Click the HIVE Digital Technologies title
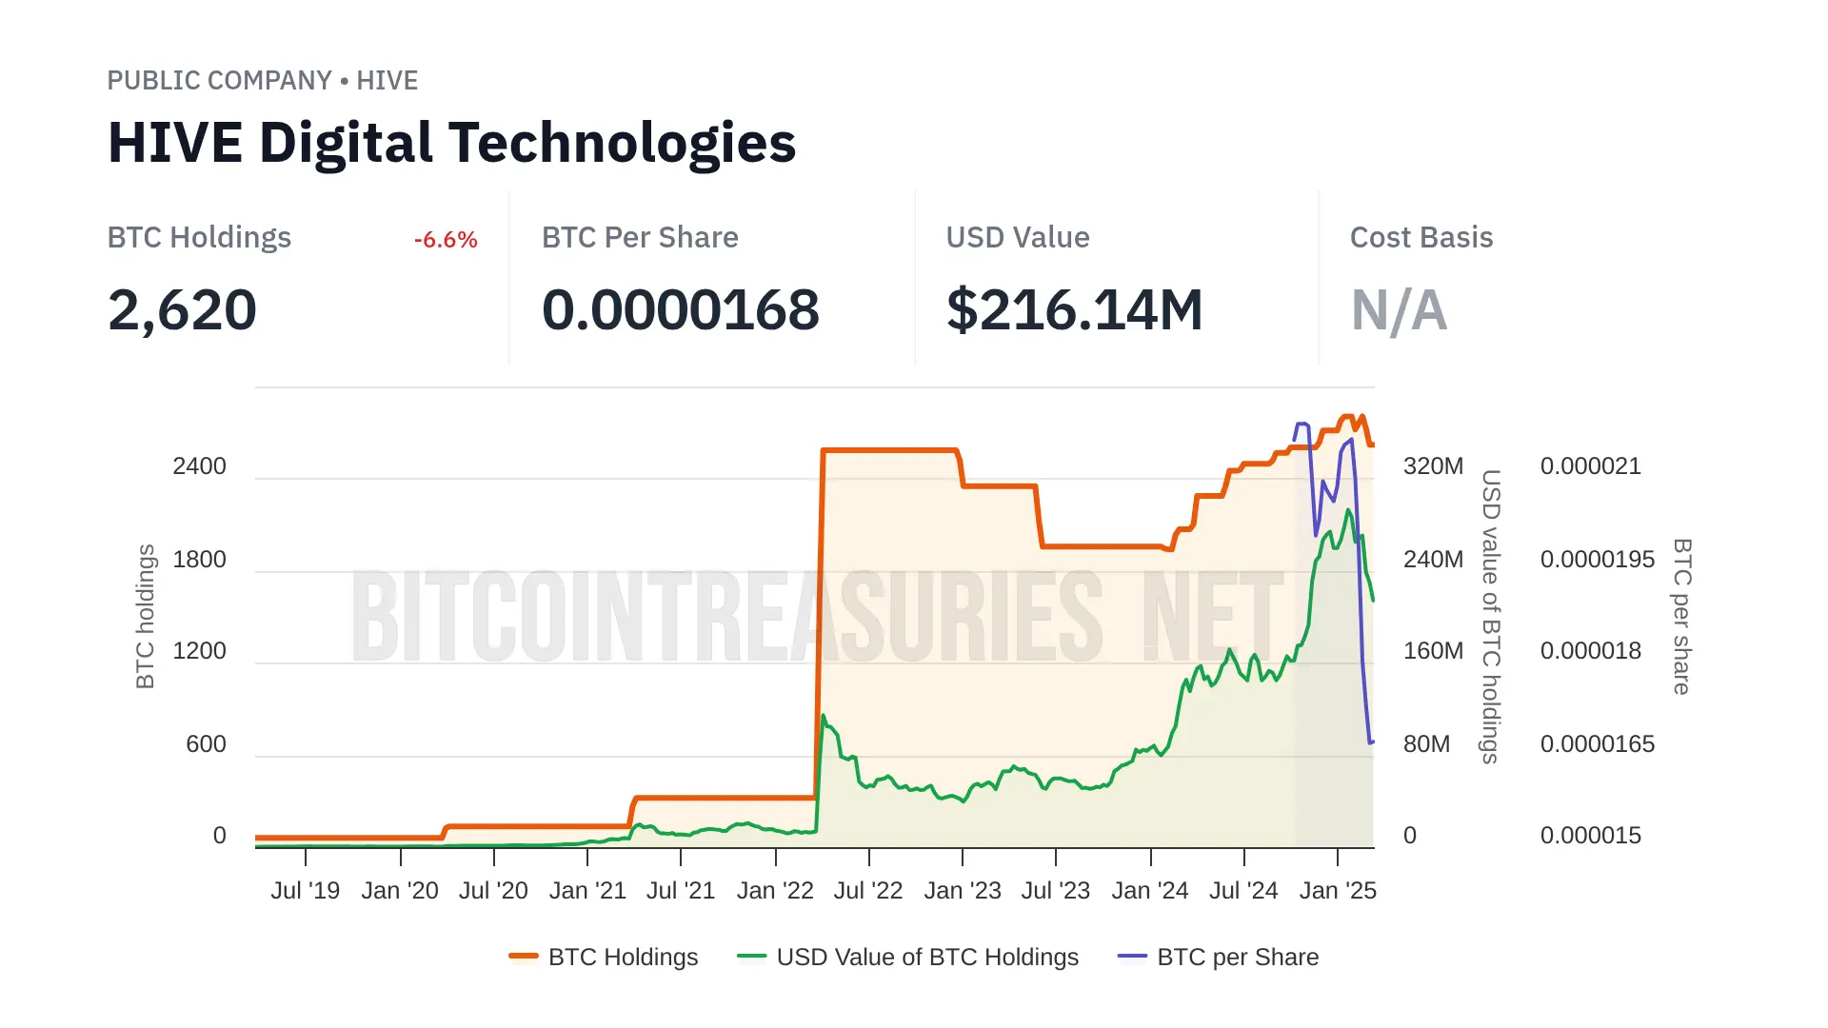pos(451,143)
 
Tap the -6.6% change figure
pos(446,240)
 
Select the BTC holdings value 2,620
pos(182,310)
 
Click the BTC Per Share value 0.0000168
pos(680,310)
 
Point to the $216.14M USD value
pos(1074,310)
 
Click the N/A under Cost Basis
pos(1399,310)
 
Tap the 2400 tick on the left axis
pos(199,466)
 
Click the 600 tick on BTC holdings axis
pos(206,744)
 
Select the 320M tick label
pos(1433,466)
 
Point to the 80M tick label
pos(1426,744)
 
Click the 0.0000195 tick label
pos(1597,560)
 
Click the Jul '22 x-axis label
pos(867,891)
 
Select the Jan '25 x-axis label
pos(1338,891)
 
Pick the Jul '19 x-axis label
pos(305,891)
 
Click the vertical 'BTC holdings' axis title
pos(146,616)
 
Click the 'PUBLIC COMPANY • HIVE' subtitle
pos(262,81)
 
